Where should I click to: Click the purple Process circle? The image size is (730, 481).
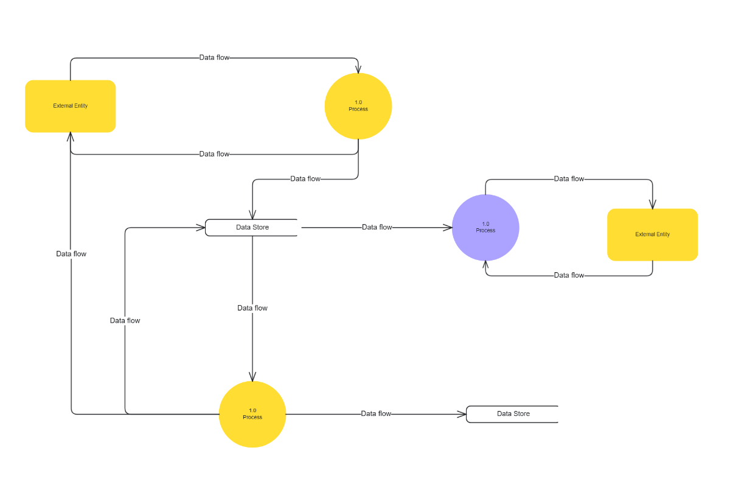point(485,228)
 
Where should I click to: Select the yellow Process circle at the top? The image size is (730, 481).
point(358,106)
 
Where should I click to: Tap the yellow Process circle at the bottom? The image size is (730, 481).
point(252,414)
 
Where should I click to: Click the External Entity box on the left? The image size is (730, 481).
point(70,106)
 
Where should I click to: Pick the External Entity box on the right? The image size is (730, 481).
point(652,234)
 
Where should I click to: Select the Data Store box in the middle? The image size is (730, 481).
point(252,227)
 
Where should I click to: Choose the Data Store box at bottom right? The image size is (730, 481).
point(512,413)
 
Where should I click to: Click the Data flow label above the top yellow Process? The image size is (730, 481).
point(214,57)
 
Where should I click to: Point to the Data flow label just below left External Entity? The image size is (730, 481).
point(214,154)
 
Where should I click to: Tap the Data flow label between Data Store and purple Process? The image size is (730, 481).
point(377,227)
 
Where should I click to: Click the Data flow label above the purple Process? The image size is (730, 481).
point(569,179)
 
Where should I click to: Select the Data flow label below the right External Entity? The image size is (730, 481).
point(569,275)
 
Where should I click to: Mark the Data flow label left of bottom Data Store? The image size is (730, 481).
point(376,413)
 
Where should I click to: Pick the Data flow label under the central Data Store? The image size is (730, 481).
point(252,308)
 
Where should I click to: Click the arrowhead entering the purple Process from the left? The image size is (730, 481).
point(448,228)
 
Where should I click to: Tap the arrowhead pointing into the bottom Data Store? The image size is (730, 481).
point(462,414)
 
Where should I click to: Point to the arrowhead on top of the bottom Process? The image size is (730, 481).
point(252,377)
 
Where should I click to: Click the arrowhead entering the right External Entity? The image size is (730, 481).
point(653,205)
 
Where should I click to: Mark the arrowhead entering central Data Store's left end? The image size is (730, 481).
point(201,228)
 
